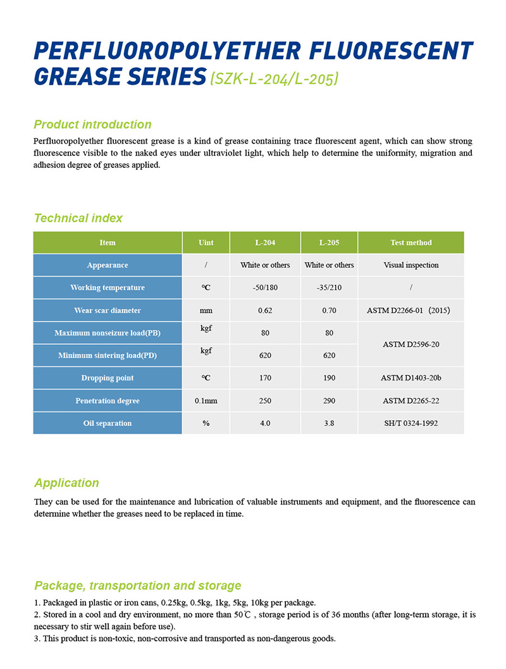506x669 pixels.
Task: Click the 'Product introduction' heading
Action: pos(92,125)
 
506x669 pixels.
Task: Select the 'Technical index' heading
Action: pos(78,218)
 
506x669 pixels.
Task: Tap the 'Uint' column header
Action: pos(206,242)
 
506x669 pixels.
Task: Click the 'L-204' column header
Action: pos(265,242)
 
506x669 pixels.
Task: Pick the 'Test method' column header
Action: pos(411,242)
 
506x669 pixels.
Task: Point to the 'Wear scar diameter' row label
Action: pos(108,311)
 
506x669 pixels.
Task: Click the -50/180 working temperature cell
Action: pos(265,288)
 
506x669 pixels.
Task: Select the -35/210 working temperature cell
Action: pos(329,288)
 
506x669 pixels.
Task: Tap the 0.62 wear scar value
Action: pos(265,311)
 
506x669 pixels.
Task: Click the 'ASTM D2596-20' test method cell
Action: pos(411,344)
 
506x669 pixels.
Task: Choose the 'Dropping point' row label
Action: pos(108,378)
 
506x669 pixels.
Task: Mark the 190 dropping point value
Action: pos(329,378)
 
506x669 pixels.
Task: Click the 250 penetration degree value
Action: pos(265,401)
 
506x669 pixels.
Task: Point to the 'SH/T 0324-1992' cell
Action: pos(411,423)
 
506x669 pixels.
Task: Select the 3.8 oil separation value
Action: pos(329,423)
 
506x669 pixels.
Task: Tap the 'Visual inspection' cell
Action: pos(411,265)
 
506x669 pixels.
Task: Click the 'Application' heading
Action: pos(66,484)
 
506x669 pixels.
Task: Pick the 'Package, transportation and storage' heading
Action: pos(137,586)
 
